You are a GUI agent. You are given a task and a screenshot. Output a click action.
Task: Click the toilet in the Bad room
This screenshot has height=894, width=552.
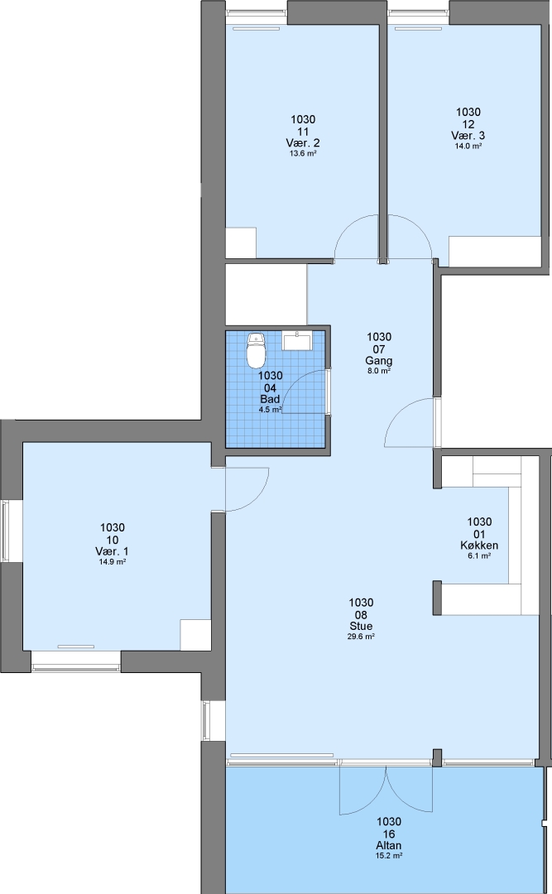click(x=257, y=351)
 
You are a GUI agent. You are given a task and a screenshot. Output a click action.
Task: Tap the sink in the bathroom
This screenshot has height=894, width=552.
click(x=296, y=341)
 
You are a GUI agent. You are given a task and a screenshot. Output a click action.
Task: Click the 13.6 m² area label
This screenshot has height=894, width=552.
click(x=303, y=153)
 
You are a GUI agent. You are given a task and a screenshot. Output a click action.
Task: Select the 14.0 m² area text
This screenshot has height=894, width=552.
click(x=468, y=146)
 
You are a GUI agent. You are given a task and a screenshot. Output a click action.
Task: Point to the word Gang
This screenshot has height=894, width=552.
click(x=379, y=360)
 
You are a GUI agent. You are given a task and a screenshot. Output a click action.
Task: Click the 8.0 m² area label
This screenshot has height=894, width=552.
click(x=379, y=371)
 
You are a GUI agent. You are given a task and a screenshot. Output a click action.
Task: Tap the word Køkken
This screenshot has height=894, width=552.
click(x=479, y=545)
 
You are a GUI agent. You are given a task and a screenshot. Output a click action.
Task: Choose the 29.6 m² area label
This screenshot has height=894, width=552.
click(x=361, y=637)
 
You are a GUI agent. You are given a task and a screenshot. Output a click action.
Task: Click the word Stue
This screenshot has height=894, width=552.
click(x=361, y=626)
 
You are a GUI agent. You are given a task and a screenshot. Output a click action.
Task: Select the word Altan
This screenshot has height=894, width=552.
click(x=388, y=845)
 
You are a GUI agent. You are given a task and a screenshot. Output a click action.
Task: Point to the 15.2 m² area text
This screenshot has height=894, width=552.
click(x=388, y=856)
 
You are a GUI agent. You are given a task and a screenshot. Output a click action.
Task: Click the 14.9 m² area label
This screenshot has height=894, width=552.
click(x=112, y=561)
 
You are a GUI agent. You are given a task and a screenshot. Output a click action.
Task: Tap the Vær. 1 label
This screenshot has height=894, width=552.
click(x=112, y=551)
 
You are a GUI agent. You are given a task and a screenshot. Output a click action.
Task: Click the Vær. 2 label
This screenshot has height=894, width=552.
click(x=303, y=142)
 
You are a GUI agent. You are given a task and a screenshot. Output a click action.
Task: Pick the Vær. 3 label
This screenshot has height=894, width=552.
click(x=468, y=136)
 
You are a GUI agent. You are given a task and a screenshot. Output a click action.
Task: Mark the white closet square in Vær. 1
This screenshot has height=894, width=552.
click(x=195, y=634)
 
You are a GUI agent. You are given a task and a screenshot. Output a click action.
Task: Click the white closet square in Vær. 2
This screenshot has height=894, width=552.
click(x=241, y=243)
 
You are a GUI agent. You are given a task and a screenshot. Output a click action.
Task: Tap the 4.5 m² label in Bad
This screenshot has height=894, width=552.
click(x=271, y=410)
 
